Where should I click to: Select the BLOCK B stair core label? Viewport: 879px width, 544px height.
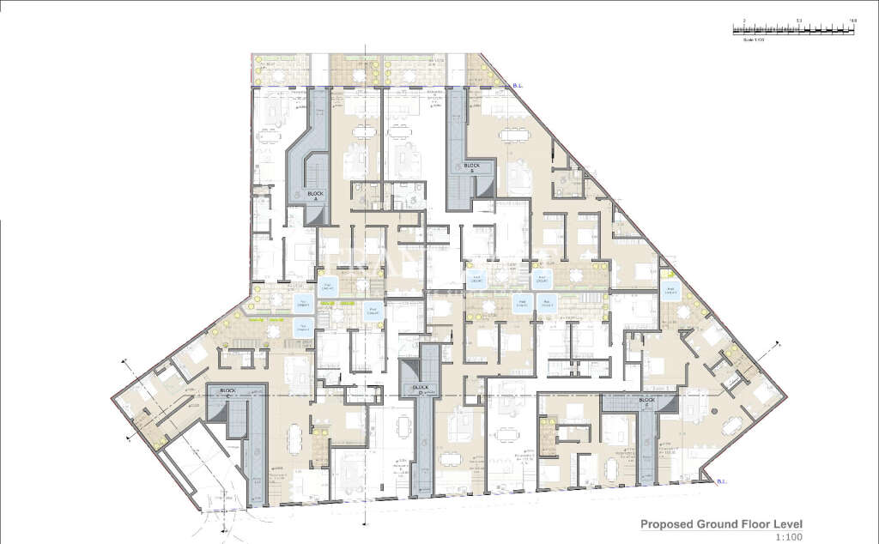pyautogui.click(x=472, y=167)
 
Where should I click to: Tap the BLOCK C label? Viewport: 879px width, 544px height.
pyautogui.click(x=227, y=391)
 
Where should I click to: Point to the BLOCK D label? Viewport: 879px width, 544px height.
pyautogui.click(x=421, y=388)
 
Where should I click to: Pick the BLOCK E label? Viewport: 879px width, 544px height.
pyautogui.click(x=646, y=401)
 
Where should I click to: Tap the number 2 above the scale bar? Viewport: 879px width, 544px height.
pyautogui.click(x=744, y=20)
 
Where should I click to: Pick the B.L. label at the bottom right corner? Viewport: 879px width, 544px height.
pyautogui.click(x=723, y=482)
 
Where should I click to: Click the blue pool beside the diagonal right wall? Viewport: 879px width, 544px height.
pyautogui.click(x=670, y=289)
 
